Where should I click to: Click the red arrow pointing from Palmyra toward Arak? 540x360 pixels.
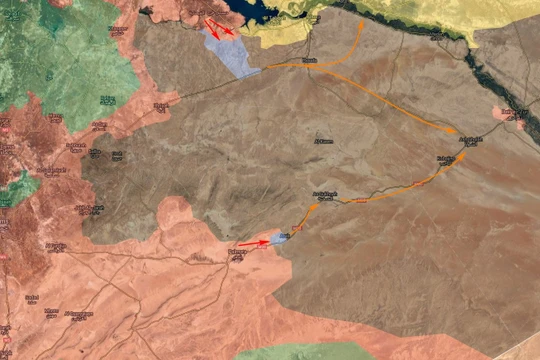tap(255, 242)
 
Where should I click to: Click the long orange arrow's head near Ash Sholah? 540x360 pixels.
tap(455, 131)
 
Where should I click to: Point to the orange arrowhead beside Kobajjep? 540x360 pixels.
tap(462, 156)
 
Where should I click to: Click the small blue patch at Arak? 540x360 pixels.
tap(279, 239)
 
